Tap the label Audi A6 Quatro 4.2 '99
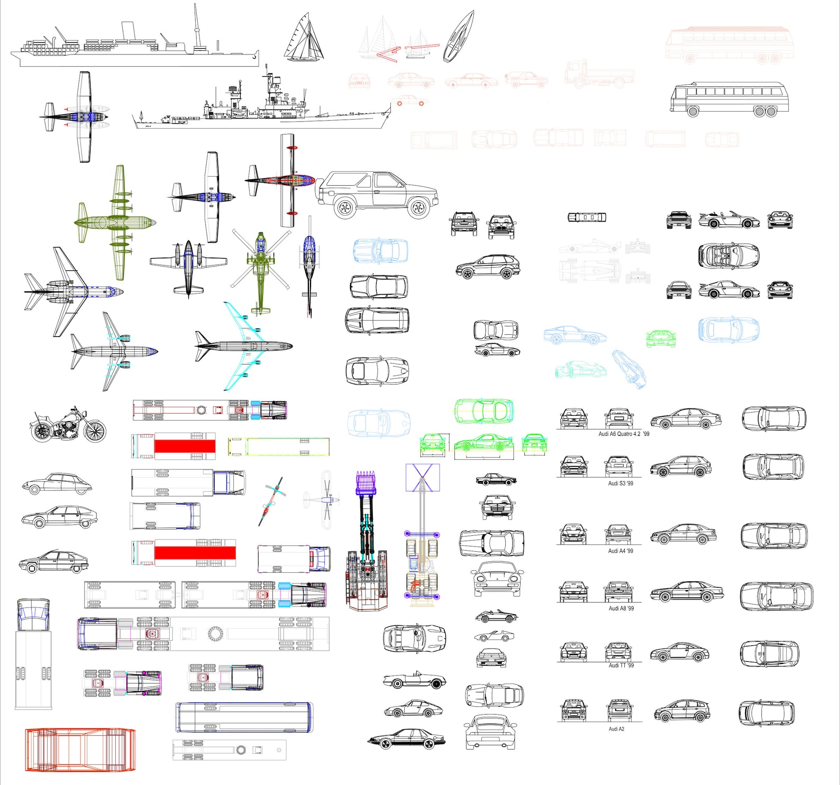[624, 434]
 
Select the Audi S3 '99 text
[620, 483]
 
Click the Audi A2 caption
[616, 728]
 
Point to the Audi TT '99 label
[621, 665]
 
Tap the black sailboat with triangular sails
[304, 40]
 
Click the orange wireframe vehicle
[80, 750]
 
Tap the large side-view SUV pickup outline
[377, 195]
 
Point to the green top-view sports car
[483, 410]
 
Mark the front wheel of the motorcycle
[95, 431]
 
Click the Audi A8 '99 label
[621, 608]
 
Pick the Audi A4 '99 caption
[620, 551]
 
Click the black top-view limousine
[587, 217]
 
